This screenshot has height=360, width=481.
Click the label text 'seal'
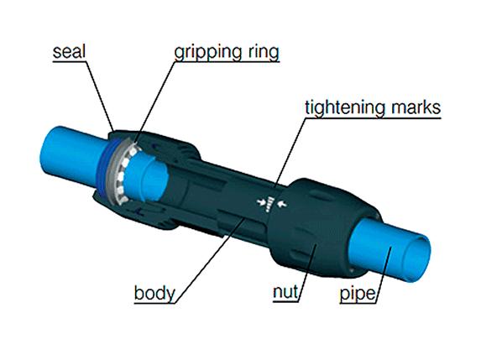click(69, 52)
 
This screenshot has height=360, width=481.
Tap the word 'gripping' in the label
click(205, 53)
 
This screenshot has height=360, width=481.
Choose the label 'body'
click(154, 294)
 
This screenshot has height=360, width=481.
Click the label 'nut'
click(285, 292)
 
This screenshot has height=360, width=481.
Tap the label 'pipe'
click(358, 294)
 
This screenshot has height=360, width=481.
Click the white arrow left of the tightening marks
click(261, 201)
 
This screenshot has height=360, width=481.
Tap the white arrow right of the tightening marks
click(283, 203)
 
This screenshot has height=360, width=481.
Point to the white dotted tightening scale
click(270, 204)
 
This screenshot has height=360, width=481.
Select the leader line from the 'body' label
click(211, 261)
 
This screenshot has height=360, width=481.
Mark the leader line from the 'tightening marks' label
click(290, 152)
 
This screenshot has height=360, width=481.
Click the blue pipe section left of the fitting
click(73, 157)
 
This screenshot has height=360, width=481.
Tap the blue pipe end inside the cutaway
click(147, 177)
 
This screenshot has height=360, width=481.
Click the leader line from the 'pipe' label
click(384, 274)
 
